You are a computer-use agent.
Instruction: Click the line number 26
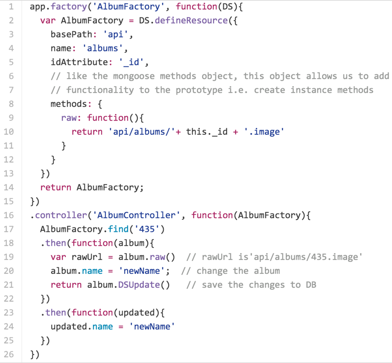[8, 355]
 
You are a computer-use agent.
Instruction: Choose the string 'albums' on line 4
[103, 48]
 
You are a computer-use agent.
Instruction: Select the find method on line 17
[119, 229]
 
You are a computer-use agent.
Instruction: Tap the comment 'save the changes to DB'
[252, 285]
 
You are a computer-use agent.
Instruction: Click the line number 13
[8, 173]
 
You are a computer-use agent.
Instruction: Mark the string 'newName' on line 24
[152, 327]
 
